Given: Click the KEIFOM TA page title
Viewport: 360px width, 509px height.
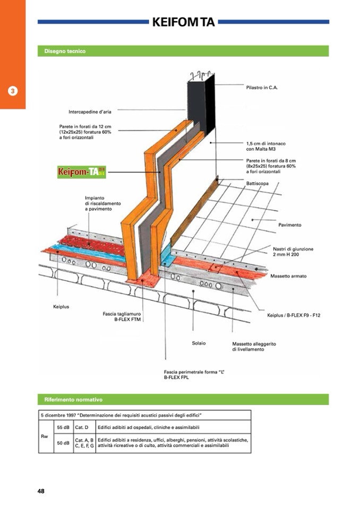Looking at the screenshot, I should (x=183, y=22).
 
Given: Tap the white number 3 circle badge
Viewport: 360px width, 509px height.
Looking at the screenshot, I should (x=13, y=90).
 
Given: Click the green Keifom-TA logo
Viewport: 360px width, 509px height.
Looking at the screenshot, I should (x=74, y=172).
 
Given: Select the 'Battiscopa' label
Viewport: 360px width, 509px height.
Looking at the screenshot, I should (x=258, y=183).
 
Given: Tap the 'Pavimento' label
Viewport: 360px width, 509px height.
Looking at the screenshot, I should (x=289, y=225).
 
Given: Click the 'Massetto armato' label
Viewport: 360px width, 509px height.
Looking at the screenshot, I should (x=288, y=276).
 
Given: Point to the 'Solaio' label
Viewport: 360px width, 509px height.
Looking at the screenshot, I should (x=199, y=343).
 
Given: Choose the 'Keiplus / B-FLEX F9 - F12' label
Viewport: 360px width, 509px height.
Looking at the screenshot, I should (x=294, y=315).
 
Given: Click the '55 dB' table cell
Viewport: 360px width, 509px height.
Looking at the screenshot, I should (x=63, y=427).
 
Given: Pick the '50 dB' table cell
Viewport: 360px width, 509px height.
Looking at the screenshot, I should (x=63, y=443).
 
